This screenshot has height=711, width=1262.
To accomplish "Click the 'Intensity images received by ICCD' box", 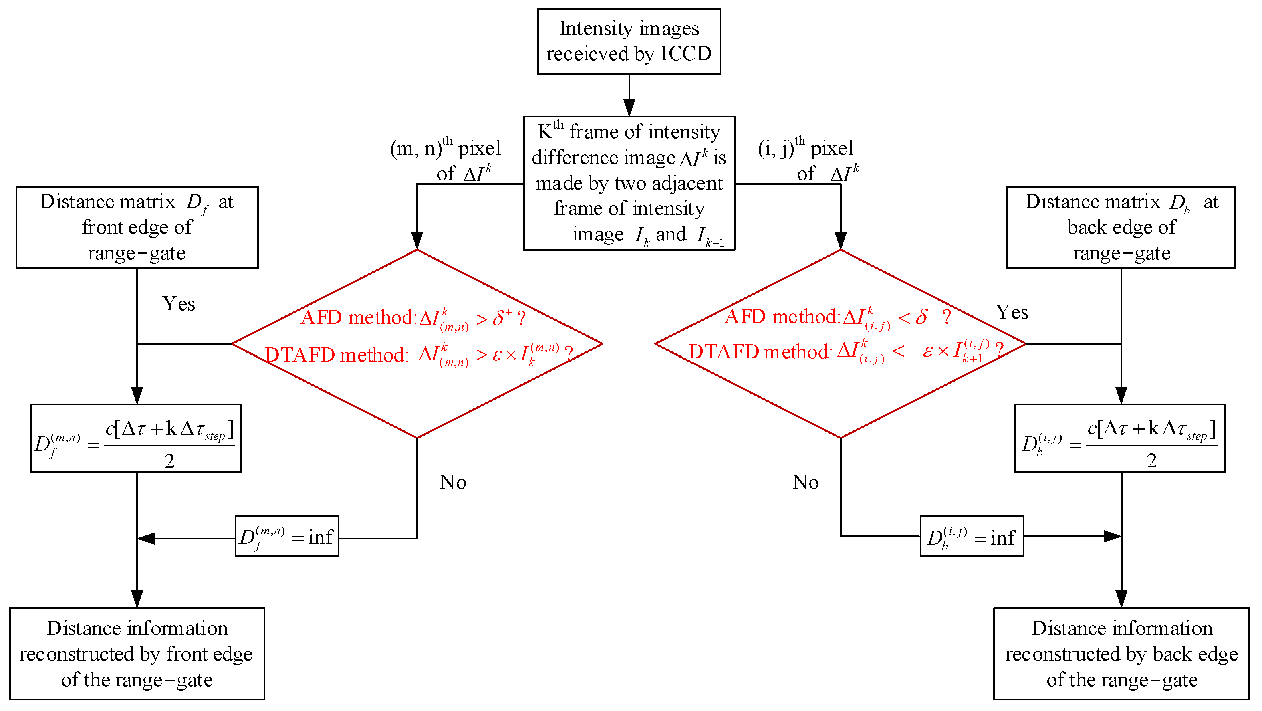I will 629,41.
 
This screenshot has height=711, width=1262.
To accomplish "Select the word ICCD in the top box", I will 685,53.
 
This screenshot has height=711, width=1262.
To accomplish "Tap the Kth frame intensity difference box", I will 629,183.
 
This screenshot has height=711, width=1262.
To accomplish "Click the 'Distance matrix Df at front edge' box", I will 137,227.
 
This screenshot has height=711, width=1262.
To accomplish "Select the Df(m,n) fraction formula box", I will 136,438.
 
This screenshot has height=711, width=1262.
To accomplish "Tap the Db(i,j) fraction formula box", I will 1119,438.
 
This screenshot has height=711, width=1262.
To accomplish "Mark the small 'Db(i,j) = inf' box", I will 972,536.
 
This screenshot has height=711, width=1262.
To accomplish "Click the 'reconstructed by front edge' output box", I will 137,653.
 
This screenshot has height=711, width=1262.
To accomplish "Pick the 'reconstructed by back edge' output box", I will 1121,653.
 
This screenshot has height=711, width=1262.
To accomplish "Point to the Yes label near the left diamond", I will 178,304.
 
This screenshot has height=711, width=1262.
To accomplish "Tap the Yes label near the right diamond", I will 1012,312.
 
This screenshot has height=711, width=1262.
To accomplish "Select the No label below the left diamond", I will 453,482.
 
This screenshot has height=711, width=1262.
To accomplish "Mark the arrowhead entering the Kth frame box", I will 629,108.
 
